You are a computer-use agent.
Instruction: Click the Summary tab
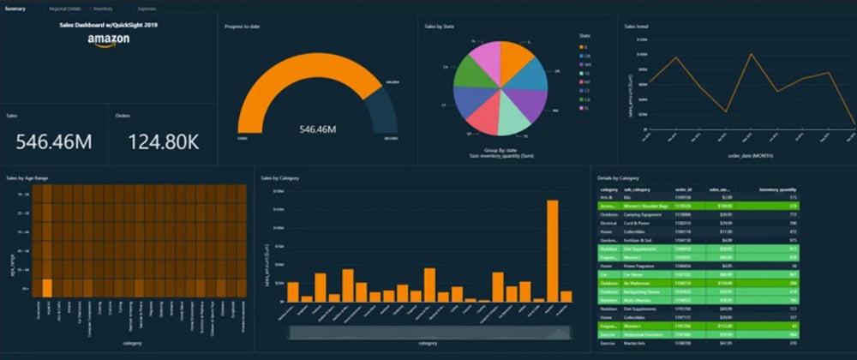pos(14,8)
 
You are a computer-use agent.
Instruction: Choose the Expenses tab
pos(147,8)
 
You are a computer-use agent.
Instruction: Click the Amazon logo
pos(109,41)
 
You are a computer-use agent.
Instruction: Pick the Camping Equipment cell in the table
pos(647,213)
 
